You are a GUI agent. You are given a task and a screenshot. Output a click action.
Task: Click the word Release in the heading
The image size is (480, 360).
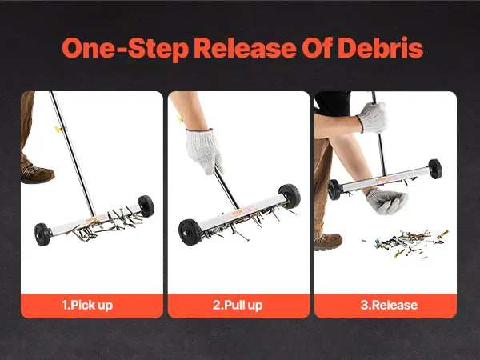coord(246,48)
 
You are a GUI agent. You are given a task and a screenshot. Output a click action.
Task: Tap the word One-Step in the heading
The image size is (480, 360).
coord(126,49)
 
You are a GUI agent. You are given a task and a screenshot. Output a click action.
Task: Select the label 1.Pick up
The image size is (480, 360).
coord(87,306)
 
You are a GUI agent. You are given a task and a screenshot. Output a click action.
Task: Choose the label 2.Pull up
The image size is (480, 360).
coord(238,306)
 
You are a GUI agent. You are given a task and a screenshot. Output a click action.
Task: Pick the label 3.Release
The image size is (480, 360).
coord(389,305)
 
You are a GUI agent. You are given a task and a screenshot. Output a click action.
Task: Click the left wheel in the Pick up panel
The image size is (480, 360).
coord(42,234)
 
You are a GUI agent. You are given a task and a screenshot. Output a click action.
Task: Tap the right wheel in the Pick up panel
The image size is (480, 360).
coord(146,206)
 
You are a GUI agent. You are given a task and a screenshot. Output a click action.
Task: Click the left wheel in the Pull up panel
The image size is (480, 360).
coord(190,232)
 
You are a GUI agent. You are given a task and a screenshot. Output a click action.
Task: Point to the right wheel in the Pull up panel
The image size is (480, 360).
coord(290,196)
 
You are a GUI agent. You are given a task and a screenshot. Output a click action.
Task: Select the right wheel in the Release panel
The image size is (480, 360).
coord(435,169)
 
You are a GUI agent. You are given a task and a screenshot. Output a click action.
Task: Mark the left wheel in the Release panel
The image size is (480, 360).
coord(334,190)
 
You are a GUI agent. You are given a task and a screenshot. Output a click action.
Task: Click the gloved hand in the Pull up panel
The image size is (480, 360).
coord(203,150)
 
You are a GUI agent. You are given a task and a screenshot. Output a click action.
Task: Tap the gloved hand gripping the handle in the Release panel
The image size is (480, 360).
coord(373,118)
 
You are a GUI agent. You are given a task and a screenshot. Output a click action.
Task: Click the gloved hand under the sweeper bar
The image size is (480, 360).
coord(386,201)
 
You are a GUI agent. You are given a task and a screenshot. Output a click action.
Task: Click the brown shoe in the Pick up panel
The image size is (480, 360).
coord(37,174)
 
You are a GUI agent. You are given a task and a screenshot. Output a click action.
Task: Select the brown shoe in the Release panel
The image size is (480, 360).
coord(328,242)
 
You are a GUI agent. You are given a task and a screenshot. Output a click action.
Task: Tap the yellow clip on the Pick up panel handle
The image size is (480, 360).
coord(58,130)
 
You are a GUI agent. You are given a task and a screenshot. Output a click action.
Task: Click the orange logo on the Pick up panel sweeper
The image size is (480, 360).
coord(91,220)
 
